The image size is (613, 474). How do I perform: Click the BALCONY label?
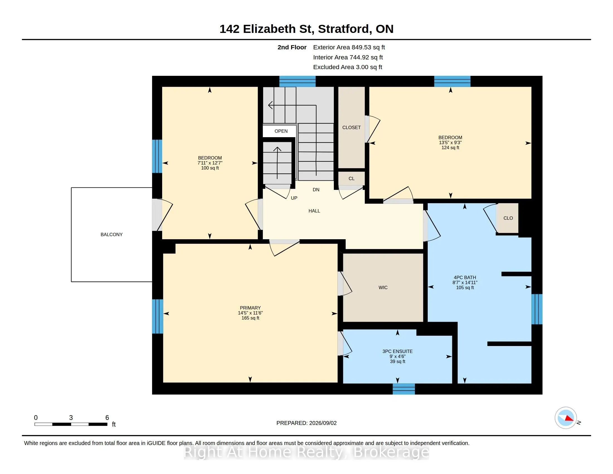point(111,234)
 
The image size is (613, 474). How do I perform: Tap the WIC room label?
point(383,287)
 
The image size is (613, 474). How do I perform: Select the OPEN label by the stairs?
point(281,131)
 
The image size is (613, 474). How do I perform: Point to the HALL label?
point(314,211)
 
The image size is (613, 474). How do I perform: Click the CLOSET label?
point(351,127)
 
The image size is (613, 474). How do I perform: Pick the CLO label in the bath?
point(508,218)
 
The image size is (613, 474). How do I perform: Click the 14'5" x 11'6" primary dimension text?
point(250,313)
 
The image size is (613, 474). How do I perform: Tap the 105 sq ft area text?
point(465,287)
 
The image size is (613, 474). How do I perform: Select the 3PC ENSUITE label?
point(397,351)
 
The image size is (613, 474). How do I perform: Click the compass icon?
point(566,418)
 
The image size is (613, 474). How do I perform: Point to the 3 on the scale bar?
point(71,418)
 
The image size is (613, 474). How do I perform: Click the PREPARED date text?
point(306,423)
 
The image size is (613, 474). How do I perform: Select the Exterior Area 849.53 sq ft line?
point(349,47)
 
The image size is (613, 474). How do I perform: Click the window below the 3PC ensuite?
point(404,389)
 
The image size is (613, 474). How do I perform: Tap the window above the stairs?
point(298,81)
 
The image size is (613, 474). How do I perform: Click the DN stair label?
point(316,190)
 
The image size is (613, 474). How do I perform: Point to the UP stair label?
point(294,198)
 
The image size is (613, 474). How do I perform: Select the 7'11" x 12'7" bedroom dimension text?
point(210,163)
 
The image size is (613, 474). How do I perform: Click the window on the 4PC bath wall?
point(537,309)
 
